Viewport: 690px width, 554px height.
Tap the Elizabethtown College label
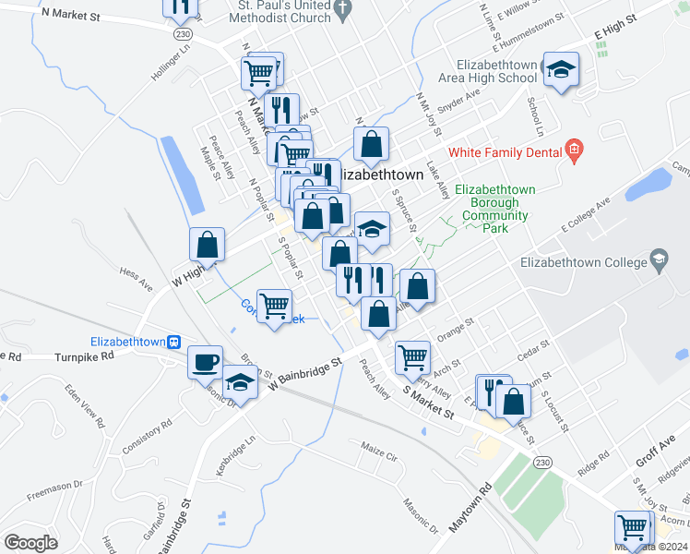coord(582,262)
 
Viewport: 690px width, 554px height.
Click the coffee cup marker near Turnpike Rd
coord(205,361)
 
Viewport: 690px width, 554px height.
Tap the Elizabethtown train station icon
coord(173,340)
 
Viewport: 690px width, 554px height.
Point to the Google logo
coord(31,542)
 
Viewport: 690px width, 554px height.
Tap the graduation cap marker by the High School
coord(560,69)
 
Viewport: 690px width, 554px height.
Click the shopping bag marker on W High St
coord(208,245)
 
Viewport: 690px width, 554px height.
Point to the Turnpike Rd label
coord(83,355)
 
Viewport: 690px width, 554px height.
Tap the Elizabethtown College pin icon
coord(659,261)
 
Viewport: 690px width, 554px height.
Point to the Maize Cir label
coord(378,456)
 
